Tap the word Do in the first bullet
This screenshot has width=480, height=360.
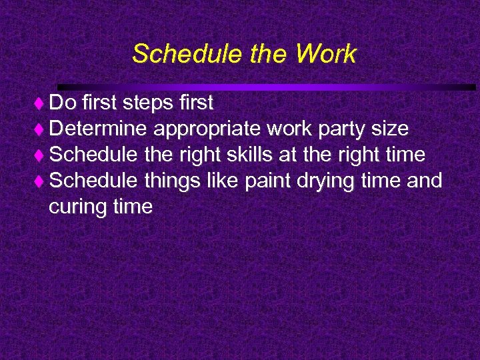[63, 103]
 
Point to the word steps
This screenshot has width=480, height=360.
[146, 103]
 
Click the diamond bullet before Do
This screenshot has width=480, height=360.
[41, 103]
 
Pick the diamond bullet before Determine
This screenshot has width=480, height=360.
[41, 129]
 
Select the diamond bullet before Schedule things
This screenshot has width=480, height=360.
[41, 181]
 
